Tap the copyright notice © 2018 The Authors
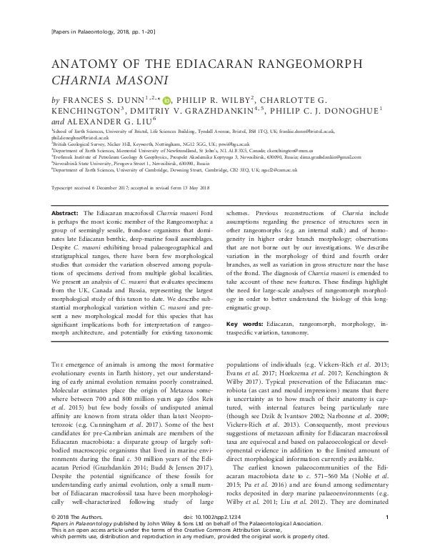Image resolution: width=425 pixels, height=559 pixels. click(x=79, y=536)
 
